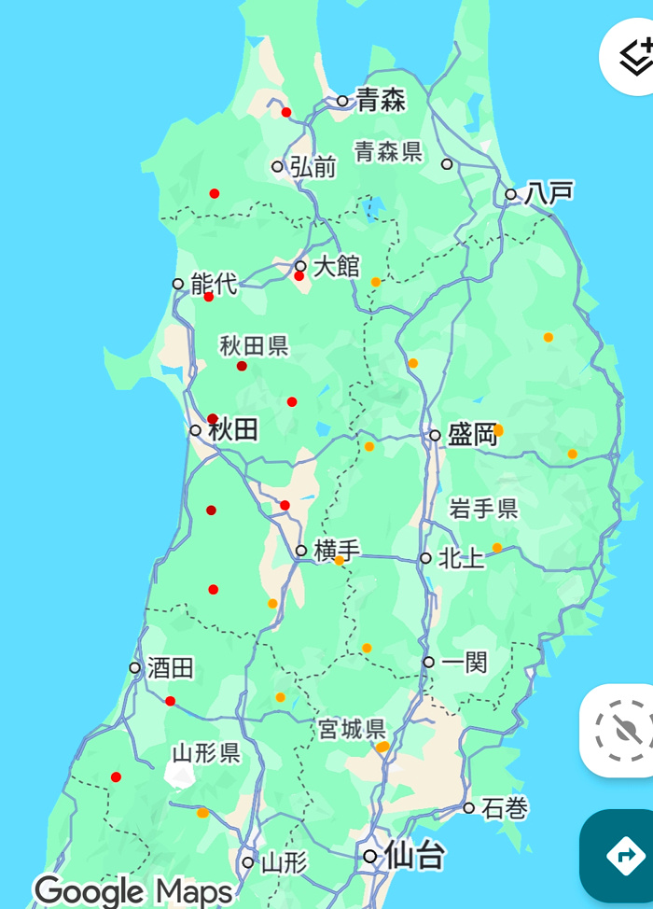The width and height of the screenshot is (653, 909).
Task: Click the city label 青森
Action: (381, 100)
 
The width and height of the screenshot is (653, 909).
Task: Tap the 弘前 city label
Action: (313, 167)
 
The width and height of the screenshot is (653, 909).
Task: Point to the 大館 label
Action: (336, 266)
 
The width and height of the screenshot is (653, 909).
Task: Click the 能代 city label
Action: (214, 284)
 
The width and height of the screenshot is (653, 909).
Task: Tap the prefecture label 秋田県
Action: (254, 346)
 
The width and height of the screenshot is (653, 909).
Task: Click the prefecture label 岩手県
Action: (483, 509)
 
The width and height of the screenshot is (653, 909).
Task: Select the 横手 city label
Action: (337, 551)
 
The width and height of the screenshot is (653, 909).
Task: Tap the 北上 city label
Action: (461, 558)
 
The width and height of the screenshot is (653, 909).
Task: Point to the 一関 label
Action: (465, 663)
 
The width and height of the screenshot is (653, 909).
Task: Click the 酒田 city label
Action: (171, 668)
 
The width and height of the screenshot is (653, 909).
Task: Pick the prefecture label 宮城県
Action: (352, 728)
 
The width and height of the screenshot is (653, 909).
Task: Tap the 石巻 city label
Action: (505, 808)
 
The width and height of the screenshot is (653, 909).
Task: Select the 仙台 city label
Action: (414, 855)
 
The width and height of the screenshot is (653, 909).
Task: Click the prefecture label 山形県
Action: (206, 753)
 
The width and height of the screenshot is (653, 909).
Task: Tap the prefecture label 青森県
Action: (388, 151)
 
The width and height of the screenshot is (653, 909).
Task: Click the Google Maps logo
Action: (132, 890)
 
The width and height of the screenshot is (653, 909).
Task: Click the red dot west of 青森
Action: (286, 113)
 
